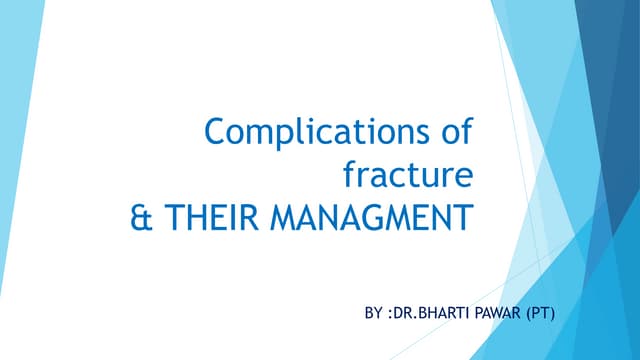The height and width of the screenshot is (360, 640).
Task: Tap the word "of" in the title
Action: pyautogui.click(x=456, y=134)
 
